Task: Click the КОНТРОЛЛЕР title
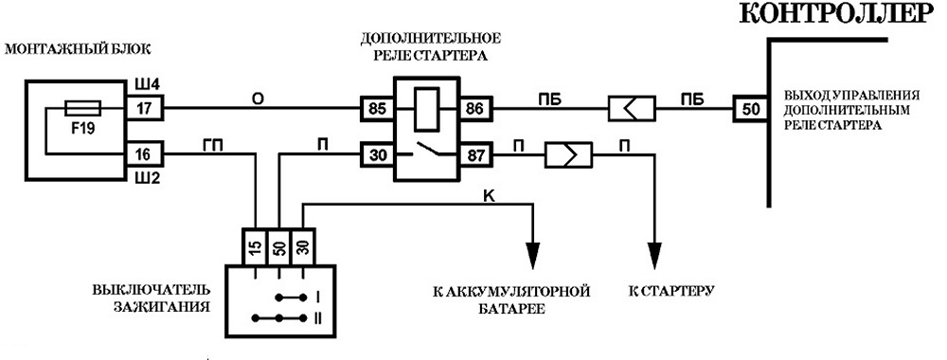tap(838, 14)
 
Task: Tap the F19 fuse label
tap(82, 129)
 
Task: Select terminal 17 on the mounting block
tap(144, 109)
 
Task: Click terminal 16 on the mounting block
tap(144, 155)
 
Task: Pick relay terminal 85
tap(378, 109)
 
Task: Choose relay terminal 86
tap(476, 109)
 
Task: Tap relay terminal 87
tap(476, 155)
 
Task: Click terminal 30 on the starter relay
tap(378, 155)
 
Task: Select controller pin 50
tap(749, 109)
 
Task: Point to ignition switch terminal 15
tap(254, 247)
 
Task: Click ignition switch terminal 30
tap(303, 247)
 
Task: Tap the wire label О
tap(259, 98)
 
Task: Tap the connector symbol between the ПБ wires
tap(632, 109)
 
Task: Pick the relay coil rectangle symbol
tap(426, 109)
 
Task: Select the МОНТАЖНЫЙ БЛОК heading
tap(77, 50)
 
